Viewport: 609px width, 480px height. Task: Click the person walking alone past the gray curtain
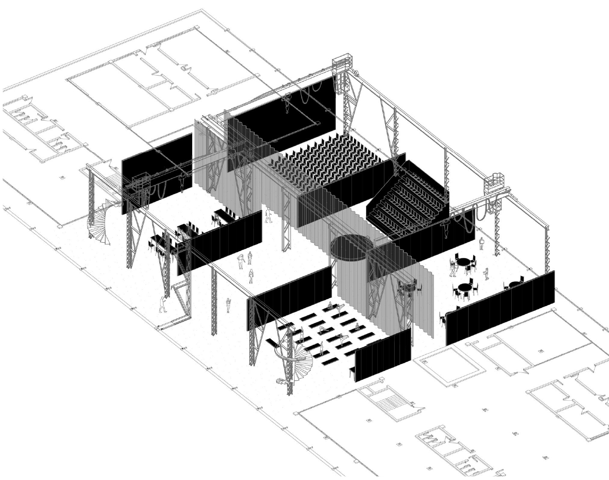click(269, 215)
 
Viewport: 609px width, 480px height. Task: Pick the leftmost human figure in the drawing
click(163, 304)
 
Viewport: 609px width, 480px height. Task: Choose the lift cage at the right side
click(494, 183)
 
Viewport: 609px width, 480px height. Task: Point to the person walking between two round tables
click(487, 273)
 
